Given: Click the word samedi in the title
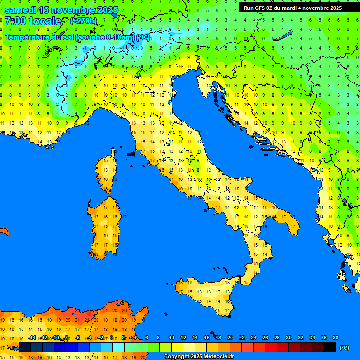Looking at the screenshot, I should tap(21, 10).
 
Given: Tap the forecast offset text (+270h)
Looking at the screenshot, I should tap(83, 21).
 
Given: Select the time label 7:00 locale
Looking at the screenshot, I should tap(33, 21).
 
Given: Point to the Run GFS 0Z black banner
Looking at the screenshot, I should tap(292, 8).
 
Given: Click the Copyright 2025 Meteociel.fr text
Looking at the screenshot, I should tap(199, 357).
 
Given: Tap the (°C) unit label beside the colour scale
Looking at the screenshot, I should tap(344, 348).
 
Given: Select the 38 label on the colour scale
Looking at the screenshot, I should tap(335, 338).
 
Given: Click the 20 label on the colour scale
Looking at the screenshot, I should tap(230, 338).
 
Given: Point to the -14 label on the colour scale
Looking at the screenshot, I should tap(32, 338).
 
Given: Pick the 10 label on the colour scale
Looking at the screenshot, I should tap(171, 338).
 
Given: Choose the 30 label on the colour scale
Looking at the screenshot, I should tap(288, 338).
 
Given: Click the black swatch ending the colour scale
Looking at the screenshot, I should tap(330, 347).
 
